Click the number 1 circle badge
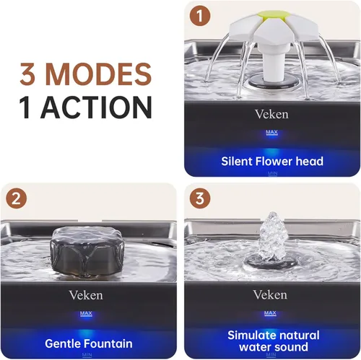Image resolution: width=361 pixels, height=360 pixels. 200,16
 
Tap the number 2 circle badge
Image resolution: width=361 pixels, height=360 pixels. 17,198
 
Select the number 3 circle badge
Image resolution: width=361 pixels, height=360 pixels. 200,198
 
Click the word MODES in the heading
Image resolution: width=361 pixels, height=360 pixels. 98,74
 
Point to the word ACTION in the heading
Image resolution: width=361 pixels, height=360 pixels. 96,107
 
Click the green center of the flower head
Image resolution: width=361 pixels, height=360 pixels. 274,15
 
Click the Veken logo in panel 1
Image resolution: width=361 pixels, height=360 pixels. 271,114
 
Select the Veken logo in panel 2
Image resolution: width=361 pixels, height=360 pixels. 86,295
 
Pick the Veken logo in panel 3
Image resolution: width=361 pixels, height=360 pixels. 270,294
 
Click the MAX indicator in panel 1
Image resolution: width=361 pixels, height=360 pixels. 272,133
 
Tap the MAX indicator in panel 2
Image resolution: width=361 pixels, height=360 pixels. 86,314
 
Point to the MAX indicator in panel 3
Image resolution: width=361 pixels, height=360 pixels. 270,313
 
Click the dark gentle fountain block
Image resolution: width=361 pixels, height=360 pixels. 87,251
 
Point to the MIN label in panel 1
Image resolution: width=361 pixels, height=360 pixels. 273,173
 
